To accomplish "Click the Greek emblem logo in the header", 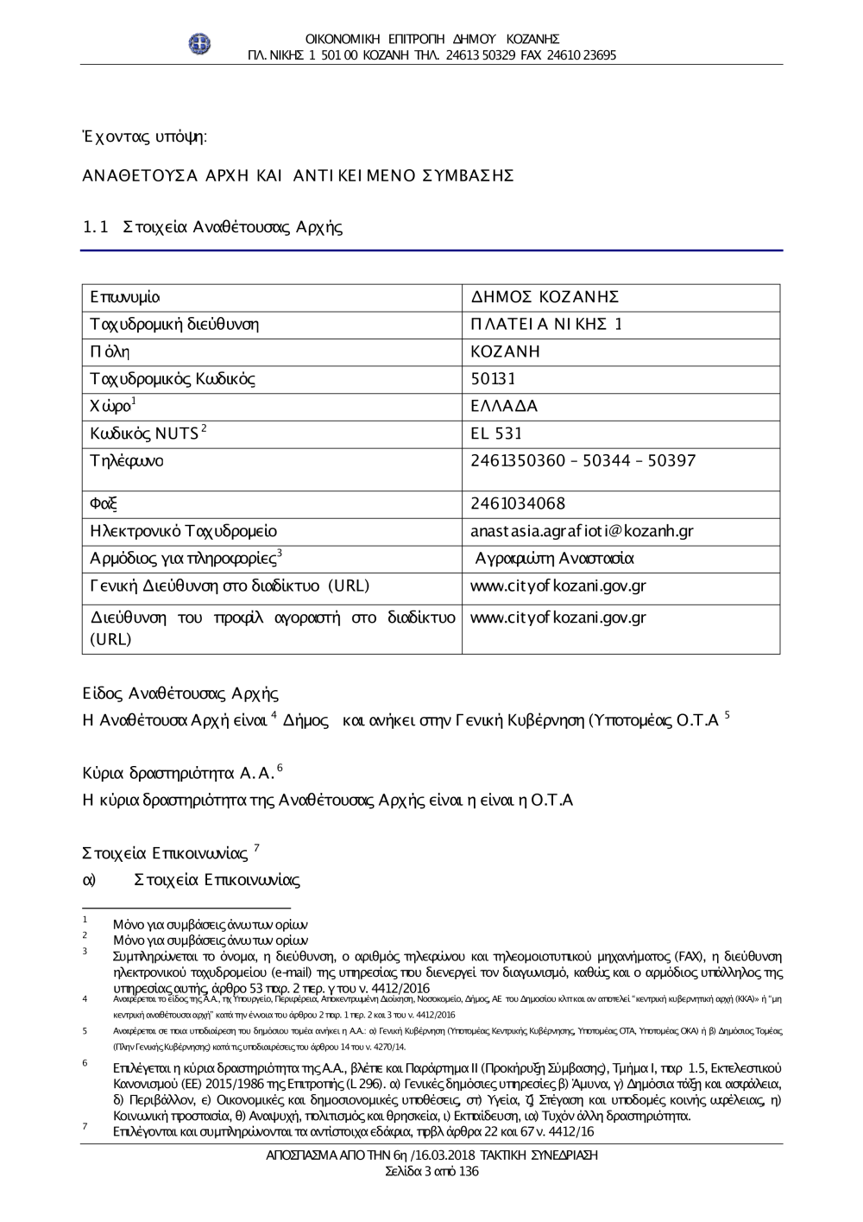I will click(x=200, y=43).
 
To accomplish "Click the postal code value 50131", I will click(x=494, y=379).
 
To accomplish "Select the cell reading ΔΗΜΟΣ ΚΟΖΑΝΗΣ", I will click(x=545, y=298).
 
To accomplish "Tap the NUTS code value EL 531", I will click(x=496, y=434).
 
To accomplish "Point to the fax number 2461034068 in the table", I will click(x=518, y=503).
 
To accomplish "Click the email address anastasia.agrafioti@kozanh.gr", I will click(x=582, y=531).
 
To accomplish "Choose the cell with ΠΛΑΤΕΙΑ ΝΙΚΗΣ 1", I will click(x=546, y=325).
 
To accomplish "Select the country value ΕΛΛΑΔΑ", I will click(x=504, y=406).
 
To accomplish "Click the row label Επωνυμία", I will click(x=125, y=298).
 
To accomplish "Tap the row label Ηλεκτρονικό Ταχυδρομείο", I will click(x=184, y=531).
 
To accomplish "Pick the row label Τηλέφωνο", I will click(x=126, y=460).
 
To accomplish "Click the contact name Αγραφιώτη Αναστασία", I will click(x=555, y=559).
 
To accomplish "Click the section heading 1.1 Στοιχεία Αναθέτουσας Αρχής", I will click(x=212, y=228).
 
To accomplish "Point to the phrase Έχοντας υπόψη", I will click(x=144, y=136).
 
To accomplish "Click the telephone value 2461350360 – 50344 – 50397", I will click(x=583, y=460).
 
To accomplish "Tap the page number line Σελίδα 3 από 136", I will click(x=431, y=1172).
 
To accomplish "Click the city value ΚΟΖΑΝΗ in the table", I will click(x=505, y=352).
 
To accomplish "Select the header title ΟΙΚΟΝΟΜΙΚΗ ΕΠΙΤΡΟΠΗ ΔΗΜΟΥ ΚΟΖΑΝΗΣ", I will click(x=432, y=39).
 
